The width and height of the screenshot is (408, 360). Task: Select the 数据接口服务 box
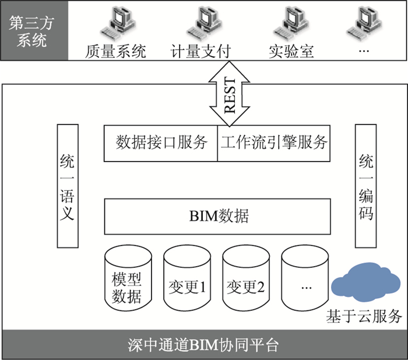[161, 142]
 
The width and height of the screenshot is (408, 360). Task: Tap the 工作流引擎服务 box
[274, 142]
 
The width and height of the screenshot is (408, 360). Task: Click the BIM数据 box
[219, 216]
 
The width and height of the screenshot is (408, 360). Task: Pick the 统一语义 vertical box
[68, 186]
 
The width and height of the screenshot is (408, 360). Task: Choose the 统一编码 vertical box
[366, 186]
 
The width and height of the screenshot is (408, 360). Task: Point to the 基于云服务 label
[364, 317]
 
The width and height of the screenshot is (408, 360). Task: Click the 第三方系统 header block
[34, 31]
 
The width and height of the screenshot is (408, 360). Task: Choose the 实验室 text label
[291, 51]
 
